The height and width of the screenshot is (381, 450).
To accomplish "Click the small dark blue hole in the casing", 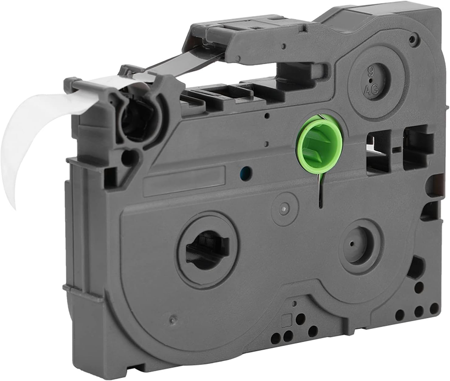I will tap(246, 173).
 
